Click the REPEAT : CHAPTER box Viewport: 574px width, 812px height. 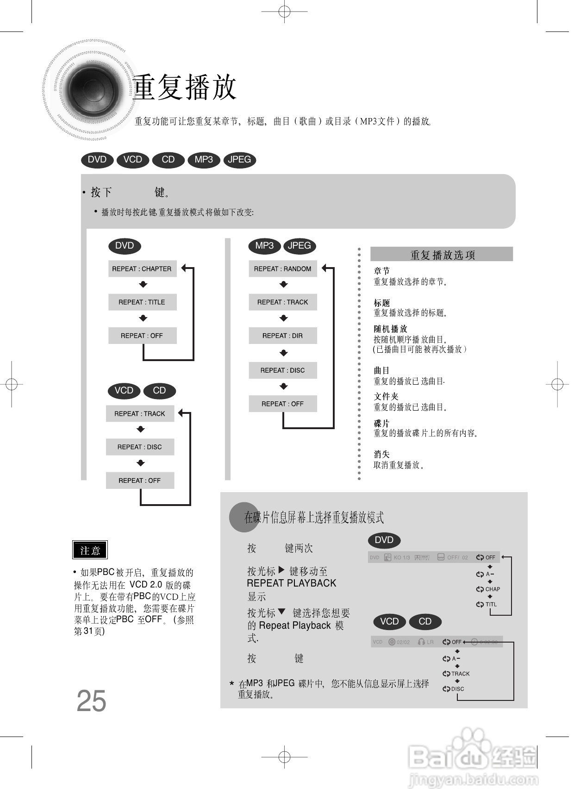point(142,269)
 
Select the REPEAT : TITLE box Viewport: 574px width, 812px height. point(142,302)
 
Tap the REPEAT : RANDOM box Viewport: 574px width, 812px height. point(282,269)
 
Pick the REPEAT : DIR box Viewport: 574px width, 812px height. point(282,336)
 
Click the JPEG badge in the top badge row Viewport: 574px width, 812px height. point(239,160)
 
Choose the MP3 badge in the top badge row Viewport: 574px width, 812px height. point(204,160)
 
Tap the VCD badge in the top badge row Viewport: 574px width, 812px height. point(132,160)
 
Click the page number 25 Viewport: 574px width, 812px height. point(91,701)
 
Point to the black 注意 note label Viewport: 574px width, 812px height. point(90,550)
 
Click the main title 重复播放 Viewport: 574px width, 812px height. point(185,87)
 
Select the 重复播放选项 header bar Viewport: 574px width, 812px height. point(442,255)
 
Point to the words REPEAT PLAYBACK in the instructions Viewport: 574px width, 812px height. point(292,583)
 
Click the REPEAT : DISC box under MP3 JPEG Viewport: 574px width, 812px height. point(282,370)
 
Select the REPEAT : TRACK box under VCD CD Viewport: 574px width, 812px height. point(140,414)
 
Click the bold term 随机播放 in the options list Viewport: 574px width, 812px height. point(390,329)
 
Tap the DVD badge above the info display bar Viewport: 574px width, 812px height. point(384,540)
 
